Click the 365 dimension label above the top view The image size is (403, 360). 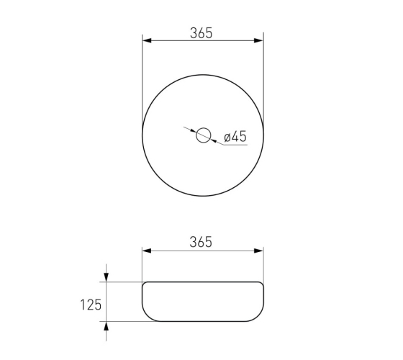(x=201, y=33)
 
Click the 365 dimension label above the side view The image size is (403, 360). (x=201, y=242)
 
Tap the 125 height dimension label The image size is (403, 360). (x=91, y=305)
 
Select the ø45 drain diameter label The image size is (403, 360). (x=235, y=136)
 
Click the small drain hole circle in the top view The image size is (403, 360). (x=203, y=128)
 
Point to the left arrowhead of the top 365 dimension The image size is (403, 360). (x=147, y=40)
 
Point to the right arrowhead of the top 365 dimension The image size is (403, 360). (x=259, y=40)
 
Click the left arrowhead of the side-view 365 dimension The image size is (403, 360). (x=147, y=251)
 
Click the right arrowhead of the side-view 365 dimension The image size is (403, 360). (x=259, y=251)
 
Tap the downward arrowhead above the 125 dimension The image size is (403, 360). (x=107, y=277)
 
